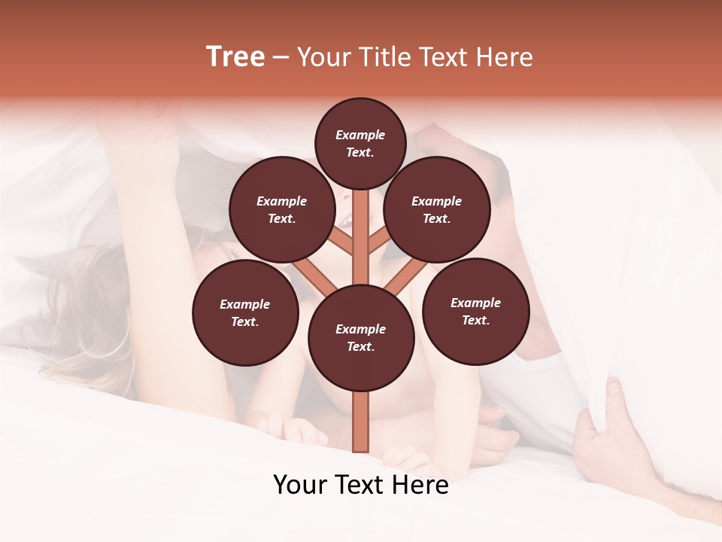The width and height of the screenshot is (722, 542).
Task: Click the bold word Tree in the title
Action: coord(235,56)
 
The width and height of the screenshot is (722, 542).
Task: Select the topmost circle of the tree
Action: coord(360,143)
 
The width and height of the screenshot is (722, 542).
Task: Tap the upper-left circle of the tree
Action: coord(281,209)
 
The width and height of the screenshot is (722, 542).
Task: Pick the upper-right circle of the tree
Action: coord(436,209)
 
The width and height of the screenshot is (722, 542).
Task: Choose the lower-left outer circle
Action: coord(244,312)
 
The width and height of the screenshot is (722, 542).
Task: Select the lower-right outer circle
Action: coord(475,311)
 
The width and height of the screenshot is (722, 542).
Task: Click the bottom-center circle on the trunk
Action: coord(360,338)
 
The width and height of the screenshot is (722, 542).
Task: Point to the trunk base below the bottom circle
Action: coord(360,422)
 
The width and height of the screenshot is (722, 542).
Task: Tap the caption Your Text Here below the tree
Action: coord(360,485)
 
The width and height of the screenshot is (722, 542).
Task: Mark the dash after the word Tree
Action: coord(281,58)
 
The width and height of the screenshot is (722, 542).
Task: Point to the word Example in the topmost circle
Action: coord(360,135)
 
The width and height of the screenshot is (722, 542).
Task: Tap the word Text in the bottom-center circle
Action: coord(359,346)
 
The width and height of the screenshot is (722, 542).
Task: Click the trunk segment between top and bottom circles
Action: coord(360,233)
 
